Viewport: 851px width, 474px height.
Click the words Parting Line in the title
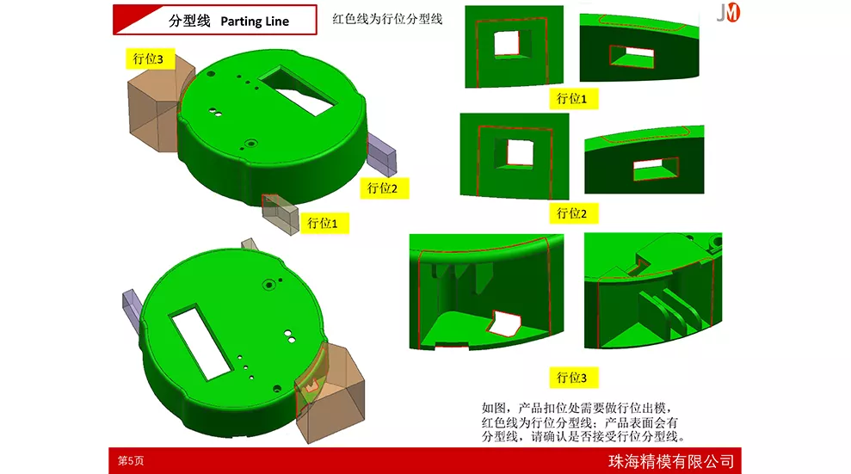point(255,22)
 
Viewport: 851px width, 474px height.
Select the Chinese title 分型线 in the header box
point(189,21)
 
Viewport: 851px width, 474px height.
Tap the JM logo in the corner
point(728,12)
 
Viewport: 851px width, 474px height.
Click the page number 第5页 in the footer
point(131,460)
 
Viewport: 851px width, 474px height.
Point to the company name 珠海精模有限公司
point(671,461)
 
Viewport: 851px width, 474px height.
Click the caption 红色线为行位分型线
point(387,19)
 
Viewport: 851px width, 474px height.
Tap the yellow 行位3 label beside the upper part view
point(148,58)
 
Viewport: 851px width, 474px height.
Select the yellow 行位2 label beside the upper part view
point(383,188)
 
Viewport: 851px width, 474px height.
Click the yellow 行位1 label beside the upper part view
point(323,223)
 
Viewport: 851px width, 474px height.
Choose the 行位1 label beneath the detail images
point(572,99)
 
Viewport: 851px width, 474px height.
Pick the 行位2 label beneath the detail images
point(572,213)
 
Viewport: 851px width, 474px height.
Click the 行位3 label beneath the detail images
point(572,378)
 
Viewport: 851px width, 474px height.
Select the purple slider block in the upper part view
point(382,155)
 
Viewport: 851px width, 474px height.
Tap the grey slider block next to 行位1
point(280,213)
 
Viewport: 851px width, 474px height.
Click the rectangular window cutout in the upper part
point(298,90)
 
